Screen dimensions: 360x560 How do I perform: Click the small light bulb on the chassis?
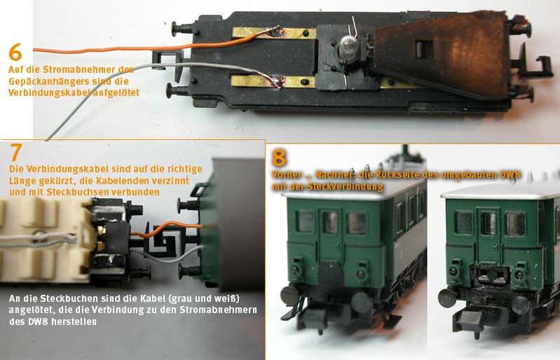347,48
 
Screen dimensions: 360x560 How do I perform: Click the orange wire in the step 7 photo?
175,228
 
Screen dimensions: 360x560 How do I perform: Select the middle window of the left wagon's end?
329,222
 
